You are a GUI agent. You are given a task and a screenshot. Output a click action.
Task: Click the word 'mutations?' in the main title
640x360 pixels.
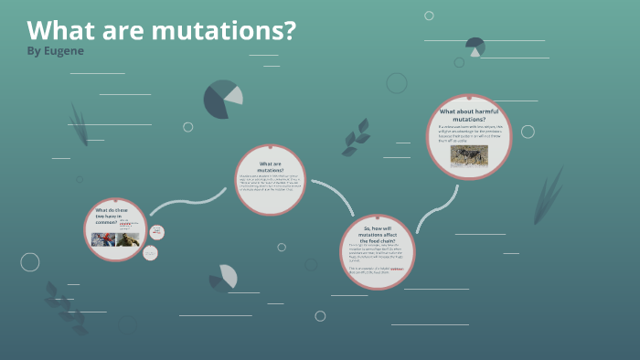tap(223, 30)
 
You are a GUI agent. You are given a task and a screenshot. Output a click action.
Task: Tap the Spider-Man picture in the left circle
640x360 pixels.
tap(101, 239)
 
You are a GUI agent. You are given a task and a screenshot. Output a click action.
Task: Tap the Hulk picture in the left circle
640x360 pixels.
tap(127, 239)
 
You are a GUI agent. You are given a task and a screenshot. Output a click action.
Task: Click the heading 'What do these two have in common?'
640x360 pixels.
tap(107, 216)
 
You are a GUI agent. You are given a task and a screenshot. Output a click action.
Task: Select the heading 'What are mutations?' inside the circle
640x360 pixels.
tap(270, 166)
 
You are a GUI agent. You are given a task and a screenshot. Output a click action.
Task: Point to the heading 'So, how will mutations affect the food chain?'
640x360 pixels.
tap(377, 234)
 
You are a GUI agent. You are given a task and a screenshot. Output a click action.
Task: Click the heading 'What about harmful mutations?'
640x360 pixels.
tap(468, 114)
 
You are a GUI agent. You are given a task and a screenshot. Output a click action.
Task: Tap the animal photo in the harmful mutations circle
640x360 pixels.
tap(469, 155)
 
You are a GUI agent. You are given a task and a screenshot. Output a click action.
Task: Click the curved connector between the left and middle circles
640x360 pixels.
tap(187, 203)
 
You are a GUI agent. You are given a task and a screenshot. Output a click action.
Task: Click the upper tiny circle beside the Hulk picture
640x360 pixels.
tap(156, 232)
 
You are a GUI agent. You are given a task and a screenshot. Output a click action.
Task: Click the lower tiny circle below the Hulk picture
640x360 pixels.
tap(150, 253)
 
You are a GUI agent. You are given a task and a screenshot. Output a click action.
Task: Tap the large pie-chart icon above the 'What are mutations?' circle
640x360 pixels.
tap(222, 99)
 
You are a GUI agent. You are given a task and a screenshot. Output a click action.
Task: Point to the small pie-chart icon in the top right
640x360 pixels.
tap(475, 47)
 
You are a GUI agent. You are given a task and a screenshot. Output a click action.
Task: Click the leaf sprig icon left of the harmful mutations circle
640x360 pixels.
tap(357, 138)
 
